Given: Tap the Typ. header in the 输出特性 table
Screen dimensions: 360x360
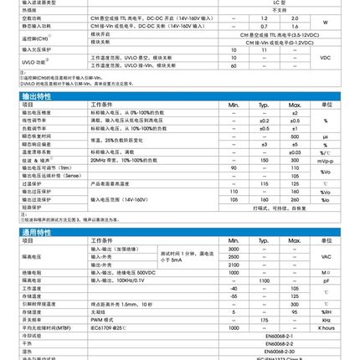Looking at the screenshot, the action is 264,104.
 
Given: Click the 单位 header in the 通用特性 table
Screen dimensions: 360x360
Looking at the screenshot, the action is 326,240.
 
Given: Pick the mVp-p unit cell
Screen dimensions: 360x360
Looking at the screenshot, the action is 326,160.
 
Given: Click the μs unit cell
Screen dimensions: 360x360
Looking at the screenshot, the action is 326,136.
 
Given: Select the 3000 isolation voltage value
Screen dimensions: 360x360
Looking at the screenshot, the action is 234,249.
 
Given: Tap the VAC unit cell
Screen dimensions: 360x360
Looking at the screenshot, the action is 326,256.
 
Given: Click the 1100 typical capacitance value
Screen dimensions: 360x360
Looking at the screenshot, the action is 264,280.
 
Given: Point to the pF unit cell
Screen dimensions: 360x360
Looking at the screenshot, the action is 326,280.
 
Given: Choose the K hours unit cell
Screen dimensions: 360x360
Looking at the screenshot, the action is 326,327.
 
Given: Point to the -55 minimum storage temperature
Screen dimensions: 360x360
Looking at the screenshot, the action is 234,296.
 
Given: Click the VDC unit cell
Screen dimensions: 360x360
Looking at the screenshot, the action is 326,58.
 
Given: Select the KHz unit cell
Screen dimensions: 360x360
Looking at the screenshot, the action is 326,319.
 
